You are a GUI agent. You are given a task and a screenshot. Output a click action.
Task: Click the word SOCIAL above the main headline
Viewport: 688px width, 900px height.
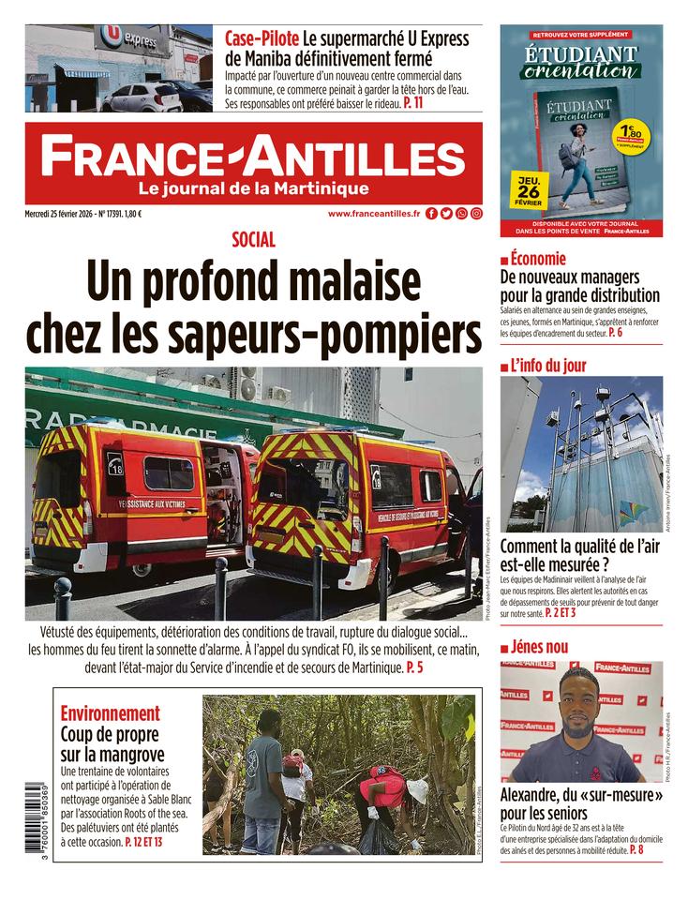click(x=253, y=240)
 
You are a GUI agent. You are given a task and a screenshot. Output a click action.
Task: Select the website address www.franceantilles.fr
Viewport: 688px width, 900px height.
click(x=373, y=214)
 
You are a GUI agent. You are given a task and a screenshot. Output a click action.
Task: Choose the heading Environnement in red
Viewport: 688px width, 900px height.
click(x=110, y=713)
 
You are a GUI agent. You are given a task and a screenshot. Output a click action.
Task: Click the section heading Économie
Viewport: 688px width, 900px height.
click(x=538, y=260)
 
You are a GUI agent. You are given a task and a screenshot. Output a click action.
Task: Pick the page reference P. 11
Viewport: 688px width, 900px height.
click(x=412, y=104)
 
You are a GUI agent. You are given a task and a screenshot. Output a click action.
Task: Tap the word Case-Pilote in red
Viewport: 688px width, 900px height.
click(x=262, y=39)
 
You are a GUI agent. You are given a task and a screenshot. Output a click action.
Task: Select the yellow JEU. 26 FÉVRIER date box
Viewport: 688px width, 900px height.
click(x=528, y=187)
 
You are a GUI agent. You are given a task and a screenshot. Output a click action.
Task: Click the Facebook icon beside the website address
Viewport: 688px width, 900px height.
click(x=431, y=214)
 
